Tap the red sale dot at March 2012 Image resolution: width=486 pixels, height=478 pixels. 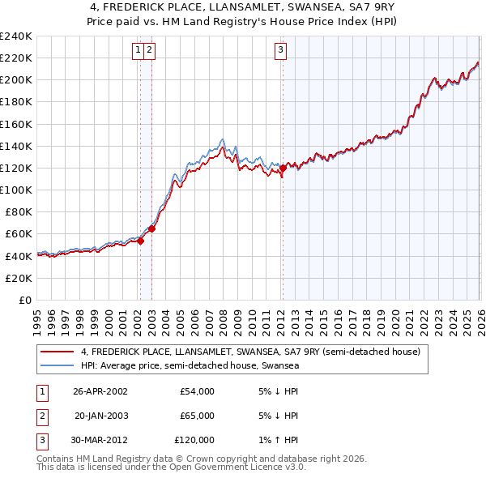[x=282, y=168]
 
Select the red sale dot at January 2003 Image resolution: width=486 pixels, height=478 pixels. [x=151, y=228]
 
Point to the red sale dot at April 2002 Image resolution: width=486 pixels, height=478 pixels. [x=141, y=240]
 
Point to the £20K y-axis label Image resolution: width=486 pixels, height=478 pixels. [x=18, y=278]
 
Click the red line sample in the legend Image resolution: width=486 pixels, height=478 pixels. [x=58, y=352]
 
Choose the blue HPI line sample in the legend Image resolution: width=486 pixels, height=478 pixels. [x=58, y=366]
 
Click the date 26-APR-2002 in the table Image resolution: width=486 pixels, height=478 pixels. [x=100, y=391]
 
